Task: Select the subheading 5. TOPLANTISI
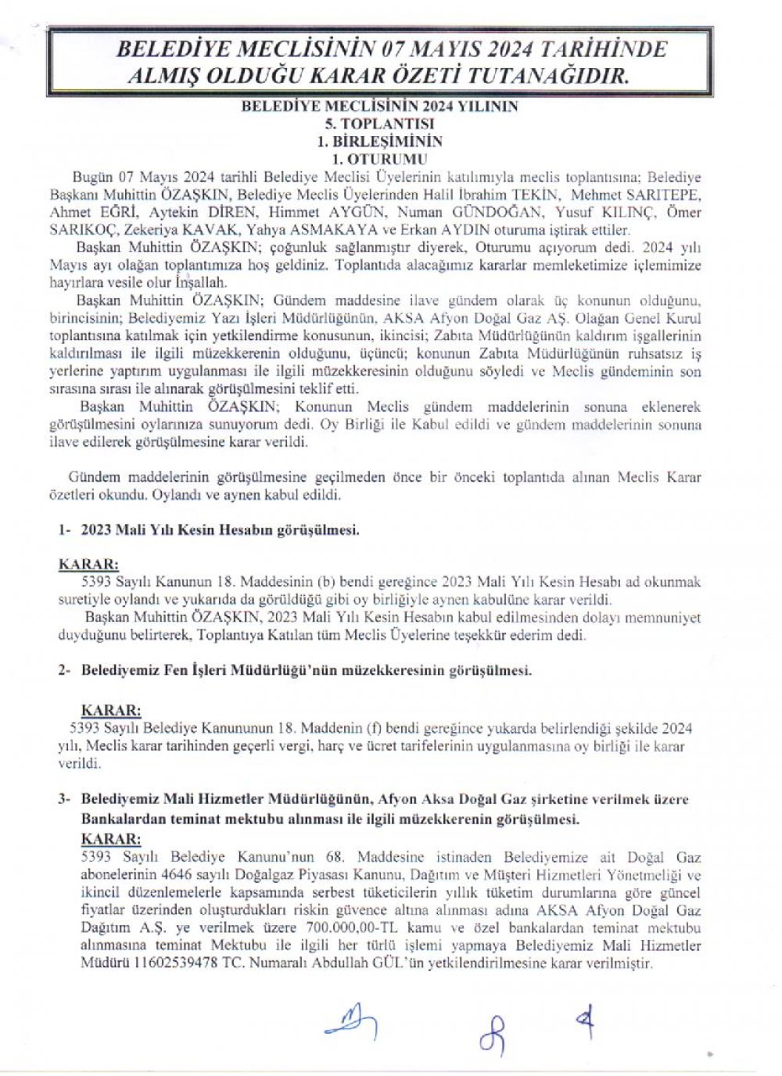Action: click(380, 124)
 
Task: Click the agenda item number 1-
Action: click(65, 529)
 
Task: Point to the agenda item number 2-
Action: click(65, 671)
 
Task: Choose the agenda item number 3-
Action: click(65, 799)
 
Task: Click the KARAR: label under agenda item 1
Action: click(89, 564)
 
